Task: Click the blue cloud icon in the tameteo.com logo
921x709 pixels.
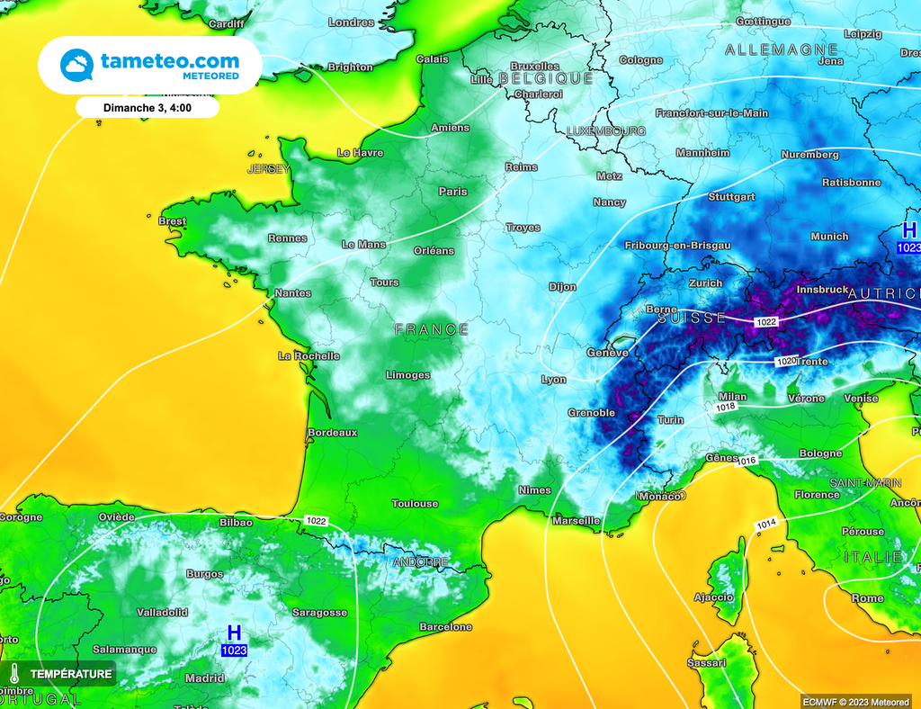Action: tap(76, 66)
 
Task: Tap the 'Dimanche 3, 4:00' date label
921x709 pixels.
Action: tap(148, 107)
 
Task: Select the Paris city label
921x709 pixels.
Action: tap(453, 192)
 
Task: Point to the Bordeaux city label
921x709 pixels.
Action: tap(333, 433)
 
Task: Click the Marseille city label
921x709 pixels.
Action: tap(577, 521)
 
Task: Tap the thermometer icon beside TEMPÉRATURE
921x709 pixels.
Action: tap(15, 673)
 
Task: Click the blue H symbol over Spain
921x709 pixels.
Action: tap(234, 633)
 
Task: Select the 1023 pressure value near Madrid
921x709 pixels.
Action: tap(234, 650)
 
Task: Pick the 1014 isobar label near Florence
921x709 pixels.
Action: tap(766, 524)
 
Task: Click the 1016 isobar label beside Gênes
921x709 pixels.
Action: tap(747, 462)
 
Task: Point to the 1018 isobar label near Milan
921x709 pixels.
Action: tap(727, 407)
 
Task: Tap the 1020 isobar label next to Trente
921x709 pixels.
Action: tap(785, 362)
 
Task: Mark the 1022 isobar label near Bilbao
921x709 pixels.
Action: tap(316, 521)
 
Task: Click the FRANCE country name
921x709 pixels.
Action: tap(432, 330)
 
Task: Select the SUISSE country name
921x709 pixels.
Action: tap(692, 319)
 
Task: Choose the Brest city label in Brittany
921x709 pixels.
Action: tap(172, 221)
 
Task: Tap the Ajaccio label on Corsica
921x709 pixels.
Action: tap(714, 597)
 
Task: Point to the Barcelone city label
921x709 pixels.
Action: tap(446, 627)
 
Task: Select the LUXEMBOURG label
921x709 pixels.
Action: tap(606, 131)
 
